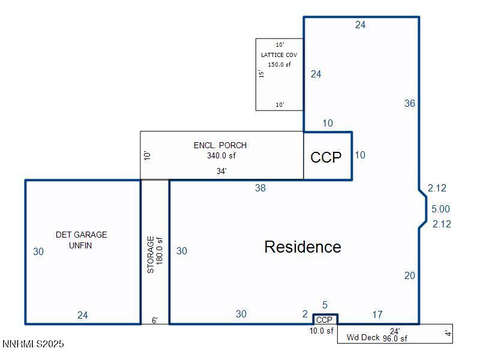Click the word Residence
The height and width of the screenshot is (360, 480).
coord(302,247)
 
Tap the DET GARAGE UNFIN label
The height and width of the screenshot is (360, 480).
coord(81,240)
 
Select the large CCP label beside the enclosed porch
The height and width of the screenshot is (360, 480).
coord(326,157)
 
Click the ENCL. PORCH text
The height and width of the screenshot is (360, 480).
coord(220,145)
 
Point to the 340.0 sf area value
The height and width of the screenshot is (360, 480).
coord(221,155)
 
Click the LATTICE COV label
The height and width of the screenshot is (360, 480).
coord(279,55)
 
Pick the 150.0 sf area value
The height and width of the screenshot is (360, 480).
coord(279,65)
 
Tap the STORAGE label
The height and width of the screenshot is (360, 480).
coord(151,254)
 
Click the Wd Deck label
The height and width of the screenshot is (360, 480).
coord(363,337)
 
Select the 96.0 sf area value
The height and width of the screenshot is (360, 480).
coord(395,338)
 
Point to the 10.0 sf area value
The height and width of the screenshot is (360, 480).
coord(322,331)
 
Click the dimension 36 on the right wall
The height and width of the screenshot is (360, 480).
coord(410,103)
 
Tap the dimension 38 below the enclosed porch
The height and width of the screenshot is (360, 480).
coord(260,188)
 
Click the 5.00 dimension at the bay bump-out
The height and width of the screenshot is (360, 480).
coord(440,209)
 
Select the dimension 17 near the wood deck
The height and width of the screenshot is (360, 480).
coord(377,314)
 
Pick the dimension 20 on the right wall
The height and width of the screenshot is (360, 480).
coord(410,275)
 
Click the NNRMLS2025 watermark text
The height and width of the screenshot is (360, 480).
coord(33,344)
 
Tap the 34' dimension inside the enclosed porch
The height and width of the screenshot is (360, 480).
coord(221,171)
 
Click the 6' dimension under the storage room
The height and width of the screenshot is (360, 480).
coord(155,320)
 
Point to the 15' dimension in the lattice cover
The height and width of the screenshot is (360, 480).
coord(261,73)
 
